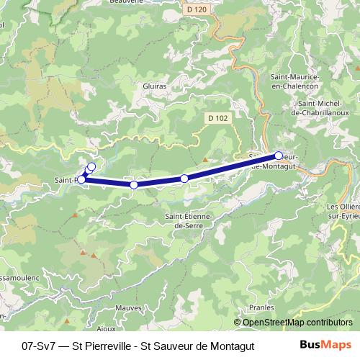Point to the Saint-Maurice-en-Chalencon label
(294, 81)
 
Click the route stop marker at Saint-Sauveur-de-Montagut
(279, 156)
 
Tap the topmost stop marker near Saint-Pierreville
(91, 167)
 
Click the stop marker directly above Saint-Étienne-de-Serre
(184, 178)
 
